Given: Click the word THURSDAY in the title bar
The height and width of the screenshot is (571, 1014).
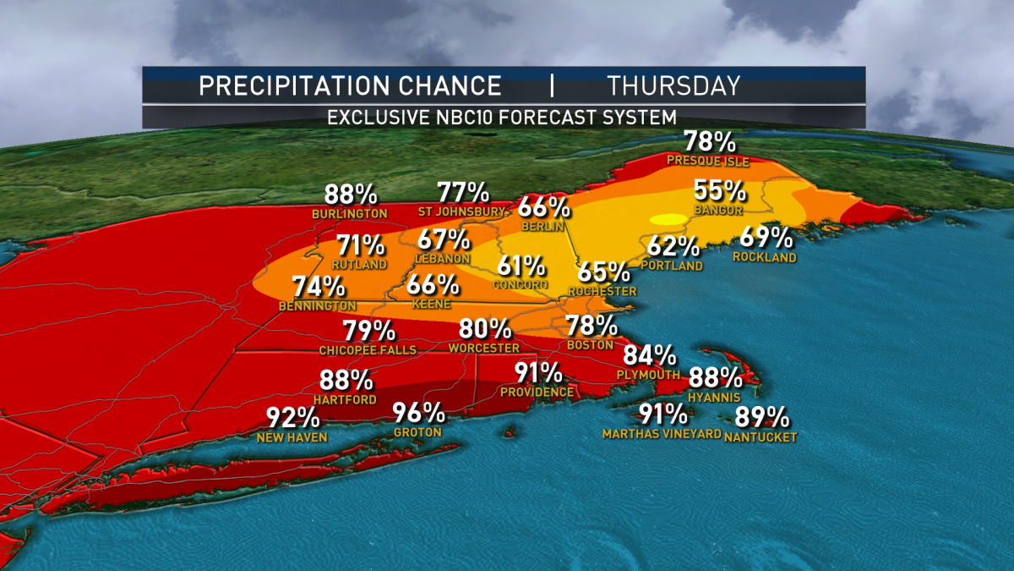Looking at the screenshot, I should coord(673,85).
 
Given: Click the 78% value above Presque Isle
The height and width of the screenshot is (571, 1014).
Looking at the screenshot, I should coord(708,141).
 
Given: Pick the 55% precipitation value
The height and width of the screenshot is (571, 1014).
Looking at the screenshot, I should coord(719,191).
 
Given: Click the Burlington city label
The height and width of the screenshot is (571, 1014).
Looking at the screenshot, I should coord(349,214).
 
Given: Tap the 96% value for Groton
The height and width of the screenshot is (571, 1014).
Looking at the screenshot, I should coord(418,414).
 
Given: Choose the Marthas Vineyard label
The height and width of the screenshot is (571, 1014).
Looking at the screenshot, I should coord(662,434).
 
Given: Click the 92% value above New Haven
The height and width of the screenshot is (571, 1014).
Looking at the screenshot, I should coord(292,418).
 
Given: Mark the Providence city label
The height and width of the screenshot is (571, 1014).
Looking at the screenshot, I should coord(537,392).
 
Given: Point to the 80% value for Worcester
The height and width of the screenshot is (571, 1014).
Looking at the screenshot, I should coord(485,329).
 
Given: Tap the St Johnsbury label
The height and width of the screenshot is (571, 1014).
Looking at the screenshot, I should coord(462,211).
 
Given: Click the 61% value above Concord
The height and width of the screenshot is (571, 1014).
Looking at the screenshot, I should coord(521,266).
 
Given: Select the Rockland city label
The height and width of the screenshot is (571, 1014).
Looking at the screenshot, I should coord(765,257).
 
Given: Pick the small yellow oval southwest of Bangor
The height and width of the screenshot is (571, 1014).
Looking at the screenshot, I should coord(668,219).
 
